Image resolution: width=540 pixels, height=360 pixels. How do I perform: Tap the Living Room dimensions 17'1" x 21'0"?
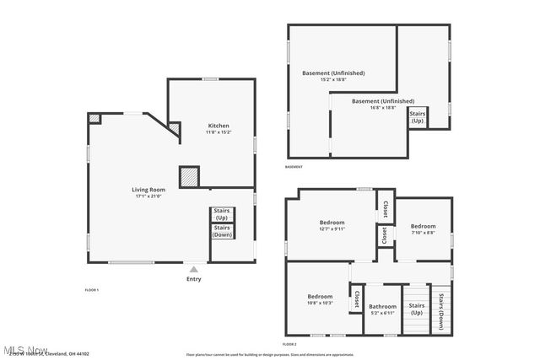pos(148,196)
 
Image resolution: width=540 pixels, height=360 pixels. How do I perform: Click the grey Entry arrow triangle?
pos(193,269)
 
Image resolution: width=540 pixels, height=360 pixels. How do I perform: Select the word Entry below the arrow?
pos(193,279)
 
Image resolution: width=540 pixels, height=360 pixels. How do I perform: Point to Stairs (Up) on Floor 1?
pos(222,213)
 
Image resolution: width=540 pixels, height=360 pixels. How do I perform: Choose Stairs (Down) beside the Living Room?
pos(222,231)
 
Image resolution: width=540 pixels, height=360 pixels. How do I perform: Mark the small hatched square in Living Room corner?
pos(95,119)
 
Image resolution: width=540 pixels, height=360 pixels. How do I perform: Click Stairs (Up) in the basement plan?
pos(417,116)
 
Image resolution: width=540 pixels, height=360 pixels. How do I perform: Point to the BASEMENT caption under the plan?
pos(294,167)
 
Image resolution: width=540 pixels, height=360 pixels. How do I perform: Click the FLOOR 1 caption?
pos(92,290)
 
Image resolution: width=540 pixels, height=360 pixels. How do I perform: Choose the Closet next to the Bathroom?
pos(357,299)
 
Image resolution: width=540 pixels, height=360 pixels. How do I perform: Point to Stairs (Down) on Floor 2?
pos(441,309)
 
